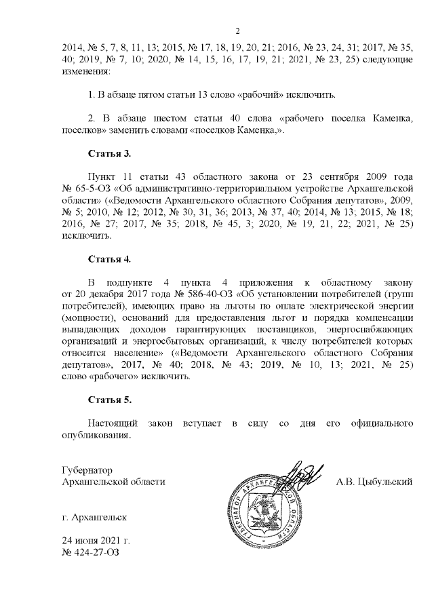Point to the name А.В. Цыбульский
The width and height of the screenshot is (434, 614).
point(374,482)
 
